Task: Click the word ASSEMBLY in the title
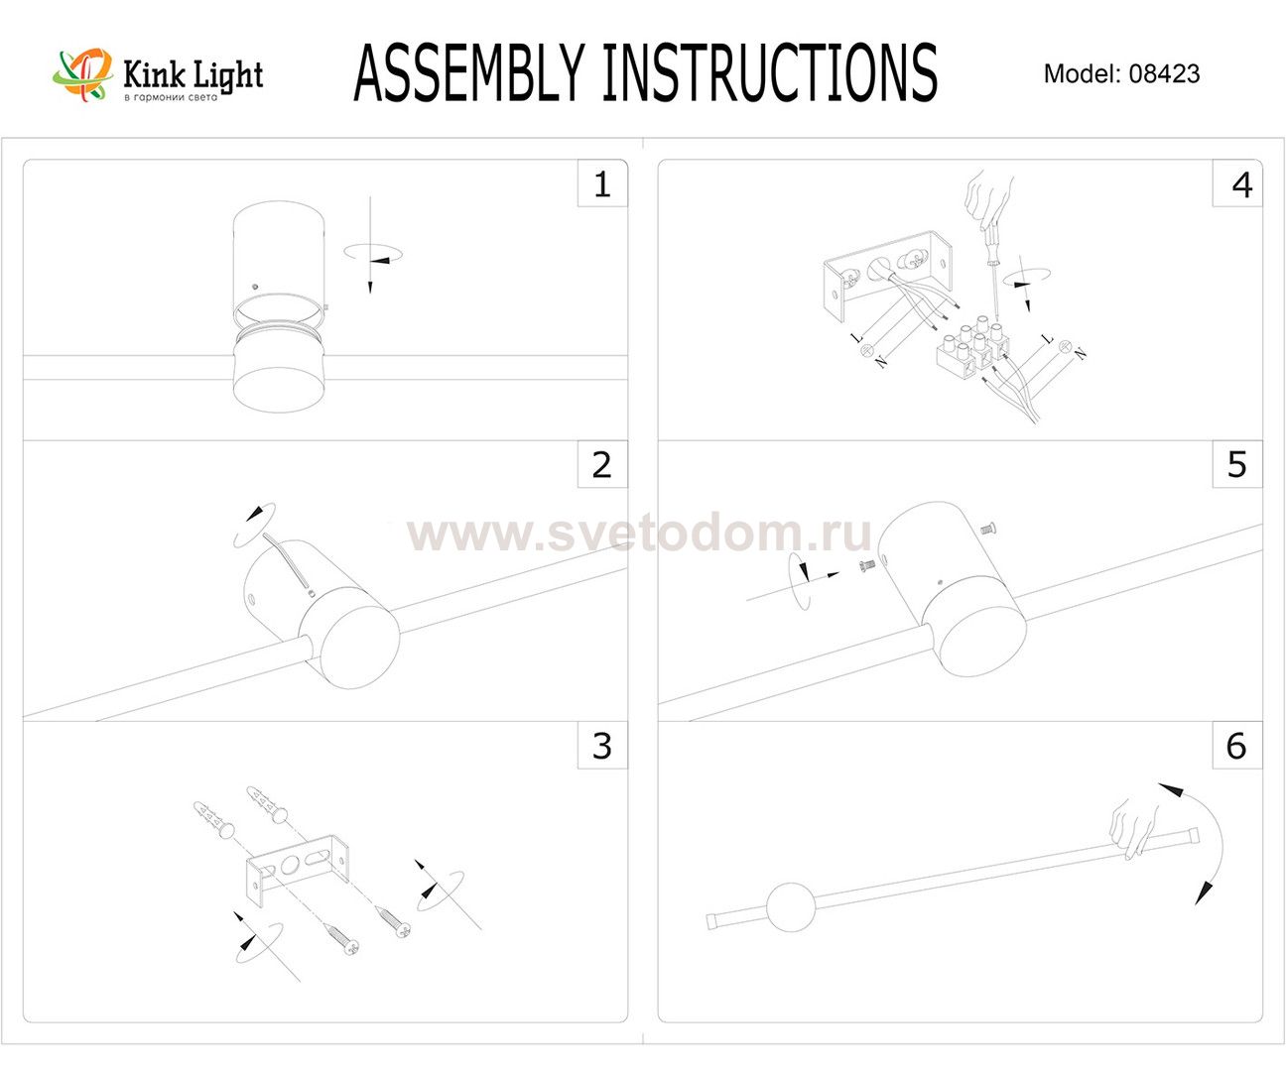[x=469, y=72]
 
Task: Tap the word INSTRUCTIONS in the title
[x=770, y=72]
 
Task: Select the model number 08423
[x=1164, y=73]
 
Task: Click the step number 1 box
[x=602, y=183]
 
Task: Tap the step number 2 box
[x=602, y=464]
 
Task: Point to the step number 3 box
[x=602, y=746]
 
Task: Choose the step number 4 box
[x=1237, y=183]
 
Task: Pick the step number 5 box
[x=1237, y=464]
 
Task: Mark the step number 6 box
[x=1237, y=746]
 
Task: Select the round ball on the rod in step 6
[x=791, y=906]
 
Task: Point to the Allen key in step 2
[x=287, y=560]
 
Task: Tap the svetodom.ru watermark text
[x=639, y=534]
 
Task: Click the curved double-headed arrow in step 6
[x=1200, y=842]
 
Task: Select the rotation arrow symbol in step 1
[x=373, y=253]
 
